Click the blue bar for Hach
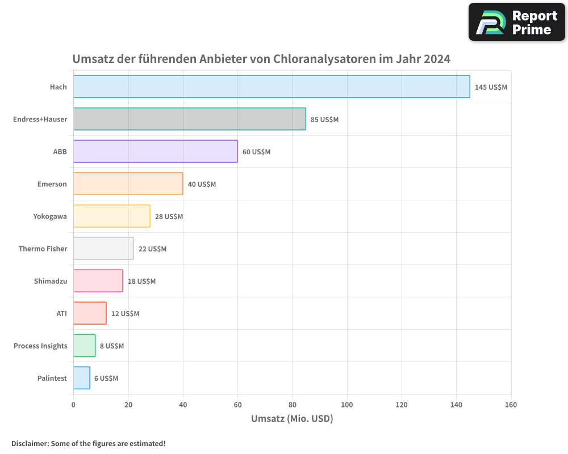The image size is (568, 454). click(272, 87)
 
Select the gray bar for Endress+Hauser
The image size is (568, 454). click(189, 119)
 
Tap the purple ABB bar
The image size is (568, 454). click(155, 152)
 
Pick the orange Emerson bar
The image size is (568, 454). click(128, 184)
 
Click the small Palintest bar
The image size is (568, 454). click(82, 378)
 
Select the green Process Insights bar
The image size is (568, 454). click(84, 346)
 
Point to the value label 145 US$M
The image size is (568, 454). click(491, 87)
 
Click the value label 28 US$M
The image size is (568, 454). click(169, 217)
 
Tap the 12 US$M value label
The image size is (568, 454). click(125, 314)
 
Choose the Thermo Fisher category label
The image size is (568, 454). click(43, 249)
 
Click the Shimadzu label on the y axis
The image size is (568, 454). click(50, 281)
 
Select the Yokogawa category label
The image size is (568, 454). click(50, 216)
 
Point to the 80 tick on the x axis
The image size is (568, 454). click(292, 405)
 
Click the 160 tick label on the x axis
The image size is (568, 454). click(511, 405)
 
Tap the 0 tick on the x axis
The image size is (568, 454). click(73, 405)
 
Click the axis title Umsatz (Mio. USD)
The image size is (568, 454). click(292, 419)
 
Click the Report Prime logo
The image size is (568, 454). click(516, 22)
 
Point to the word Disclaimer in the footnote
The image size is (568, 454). click(30, 443)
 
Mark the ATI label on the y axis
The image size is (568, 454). click(61, 313)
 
